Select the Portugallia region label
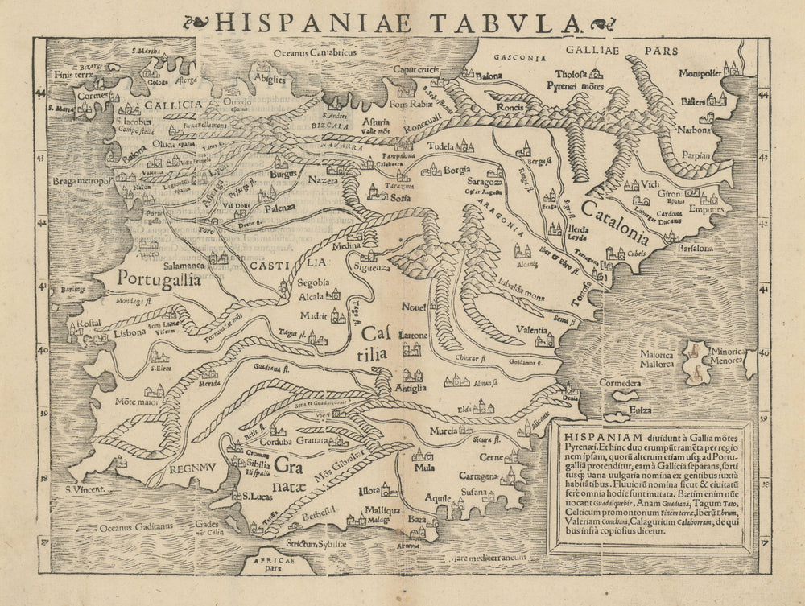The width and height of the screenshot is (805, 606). coord(159,278)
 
